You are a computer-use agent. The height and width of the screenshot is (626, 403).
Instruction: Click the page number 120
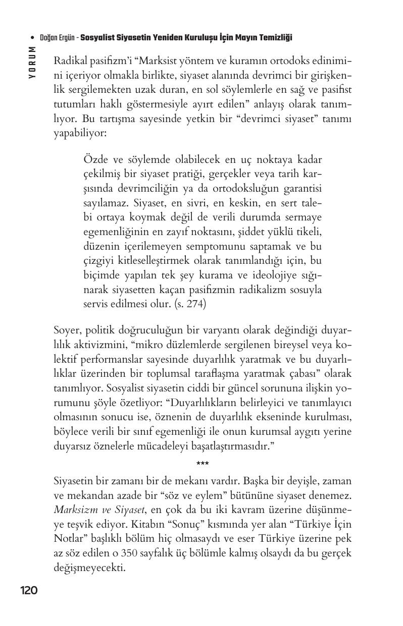29,590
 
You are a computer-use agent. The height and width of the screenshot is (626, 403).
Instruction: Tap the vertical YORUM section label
32,62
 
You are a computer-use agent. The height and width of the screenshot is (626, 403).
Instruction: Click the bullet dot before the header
32,38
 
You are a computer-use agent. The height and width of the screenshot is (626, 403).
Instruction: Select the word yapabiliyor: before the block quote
80,135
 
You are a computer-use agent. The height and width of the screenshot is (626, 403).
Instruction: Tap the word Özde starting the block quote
96,160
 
